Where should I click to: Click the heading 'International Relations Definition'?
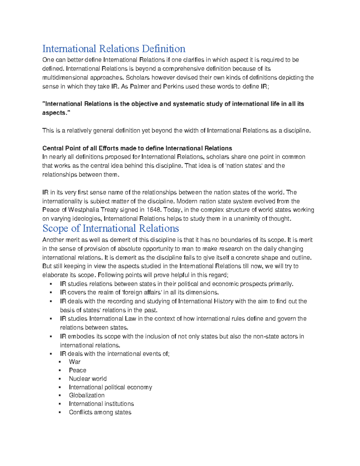[114, 49]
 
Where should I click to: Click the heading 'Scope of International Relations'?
[110, 228]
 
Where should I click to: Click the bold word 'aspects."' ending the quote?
[54, 113]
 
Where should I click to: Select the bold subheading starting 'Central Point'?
[137, 148]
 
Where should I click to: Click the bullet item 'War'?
[74, 362]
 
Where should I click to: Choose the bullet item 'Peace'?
[77, 370]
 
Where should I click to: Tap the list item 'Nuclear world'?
[88, 379]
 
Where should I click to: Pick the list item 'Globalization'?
[87, 395]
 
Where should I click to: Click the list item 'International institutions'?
[101, 404]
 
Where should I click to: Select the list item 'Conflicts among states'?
[100, 412]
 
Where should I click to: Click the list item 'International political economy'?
[110, 387]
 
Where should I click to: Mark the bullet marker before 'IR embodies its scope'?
[51, 337]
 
